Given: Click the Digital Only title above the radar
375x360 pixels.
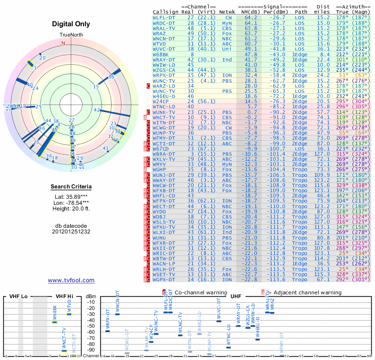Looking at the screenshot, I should tap(71, 24).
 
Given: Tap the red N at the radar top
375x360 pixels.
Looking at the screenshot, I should tap(63, 43).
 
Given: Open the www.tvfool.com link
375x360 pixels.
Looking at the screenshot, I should tap(71, 280).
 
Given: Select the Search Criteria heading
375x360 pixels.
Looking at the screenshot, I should tap(71, 187).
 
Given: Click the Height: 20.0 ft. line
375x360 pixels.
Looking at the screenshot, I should tap(71, 209).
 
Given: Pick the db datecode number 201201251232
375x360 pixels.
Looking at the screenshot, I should tap(71, 231).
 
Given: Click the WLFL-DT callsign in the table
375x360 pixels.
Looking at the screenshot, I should tap(164, 17).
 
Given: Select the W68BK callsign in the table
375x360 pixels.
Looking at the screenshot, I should tap(162, 55).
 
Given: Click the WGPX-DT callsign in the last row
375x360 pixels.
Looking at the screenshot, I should tap(164, 280).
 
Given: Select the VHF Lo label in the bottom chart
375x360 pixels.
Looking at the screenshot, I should tap(18, 297).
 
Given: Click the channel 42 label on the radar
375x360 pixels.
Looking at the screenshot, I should tap(97, 110).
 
